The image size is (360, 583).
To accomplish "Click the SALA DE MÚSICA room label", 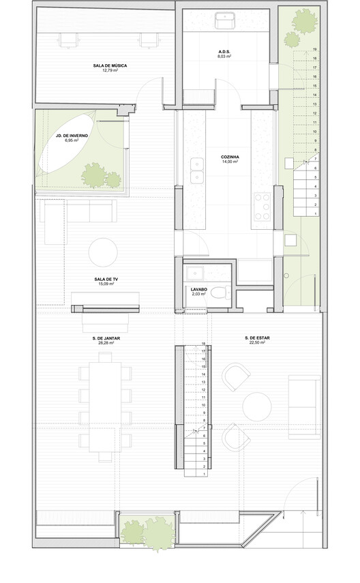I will [x=110, y=65].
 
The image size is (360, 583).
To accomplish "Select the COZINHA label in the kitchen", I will [x=228, y=155].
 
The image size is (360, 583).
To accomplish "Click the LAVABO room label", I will [x=198, y=289].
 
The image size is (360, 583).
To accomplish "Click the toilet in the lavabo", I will [x=218, y=293].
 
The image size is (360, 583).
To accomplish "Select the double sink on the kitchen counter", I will [x=196, y=171].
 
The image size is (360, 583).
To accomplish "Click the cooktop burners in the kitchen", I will [x=262, y=206].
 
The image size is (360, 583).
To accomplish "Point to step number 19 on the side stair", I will [x=314, y=50].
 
